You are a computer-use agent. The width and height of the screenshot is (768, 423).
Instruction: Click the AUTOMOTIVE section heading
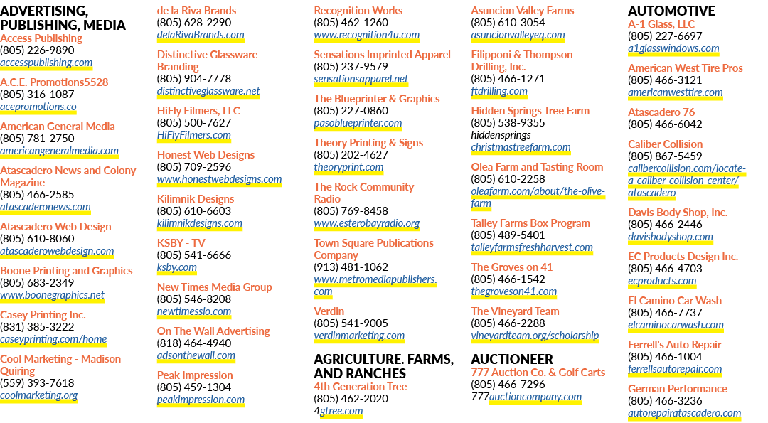pyautogui.click(x=671, y=11)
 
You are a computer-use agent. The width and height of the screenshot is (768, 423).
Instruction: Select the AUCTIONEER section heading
pyautogui.click(x=512, y=359)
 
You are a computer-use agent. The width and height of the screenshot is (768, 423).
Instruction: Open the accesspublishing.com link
pyautogui.click(x=46, y=63)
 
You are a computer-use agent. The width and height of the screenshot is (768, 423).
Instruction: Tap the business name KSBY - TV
pyautogui.click(x=181, y=243)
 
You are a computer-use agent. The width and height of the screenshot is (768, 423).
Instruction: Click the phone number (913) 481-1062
pyautogui.click(x=351, y=267)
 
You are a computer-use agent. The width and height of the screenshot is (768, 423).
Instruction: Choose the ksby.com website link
pyautogui.click(x=177, y=267)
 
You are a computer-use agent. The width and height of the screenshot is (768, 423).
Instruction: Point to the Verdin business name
pyautogui.click(x=329, y=311)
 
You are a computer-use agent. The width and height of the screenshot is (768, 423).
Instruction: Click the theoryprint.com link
pyautogui.click(x=348, y=168)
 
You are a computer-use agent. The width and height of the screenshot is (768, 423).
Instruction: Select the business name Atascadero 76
pyautogui.click(x=661, y=112)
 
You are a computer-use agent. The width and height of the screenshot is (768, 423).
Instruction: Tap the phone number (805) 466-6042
pyautogui.click(x=665, y=124)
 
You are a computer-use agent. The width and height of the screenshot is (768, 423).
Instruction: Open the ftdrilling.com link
pyautogui.click(x=499, y=91)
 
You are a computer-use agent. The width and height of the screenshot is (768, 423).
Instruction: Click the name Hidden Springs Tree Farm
pyautogui.click(x=530, y=111)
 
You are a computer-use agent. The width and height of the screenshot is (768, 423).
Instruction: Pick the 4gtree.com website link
pyautogui.click(x=338, y=411)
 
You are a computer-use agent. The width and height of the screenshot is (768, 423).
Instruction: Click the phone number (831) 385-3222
pyautogui.click(x=37, y=327)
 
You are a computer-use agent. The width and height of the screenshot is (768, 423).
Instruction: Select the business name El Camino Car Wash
pyautogui.click(x=674, y=301)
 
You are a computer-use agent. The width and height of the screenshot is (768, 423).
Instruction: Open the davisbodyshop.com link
pyautogui.click(x=671, y=237)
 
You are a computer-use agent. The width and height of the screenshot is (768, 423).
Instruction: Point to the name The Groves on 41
pyautogui.click(x=511, y=267)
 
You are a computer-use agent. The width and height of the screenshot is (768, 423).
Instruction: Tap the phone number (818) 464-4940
pyautogui.click(x=194, y=343)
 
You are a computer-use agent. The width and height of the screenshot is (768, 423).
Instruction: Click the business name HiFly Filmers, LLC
pyautogui.click(x=198, y=111)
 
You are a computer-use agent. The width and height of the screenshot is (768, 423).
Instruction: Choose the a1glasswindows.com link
pyautogui.click(x=673, y=48)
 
